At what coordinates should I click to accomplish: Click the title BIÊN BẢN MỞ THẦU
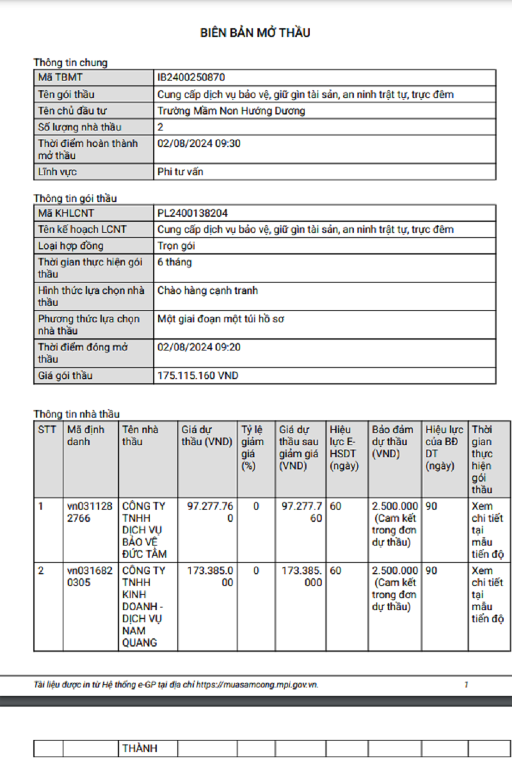point(255,33)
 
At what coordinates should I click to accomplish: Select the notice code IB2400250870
point(191,78)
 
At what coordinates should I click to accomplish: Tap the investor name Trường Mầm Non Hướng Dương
point(231,111)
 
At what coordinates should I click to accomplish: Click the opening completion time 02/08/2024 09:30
point(199,144)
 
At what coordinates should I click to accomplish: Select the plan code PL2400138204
point(193,214)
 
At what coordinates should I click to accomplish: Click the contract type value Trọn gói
point(176,246)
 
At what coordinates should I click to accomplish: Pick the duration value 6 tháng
point(175,262)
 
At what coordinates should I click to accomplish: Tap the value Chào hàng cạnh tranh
point(208,290)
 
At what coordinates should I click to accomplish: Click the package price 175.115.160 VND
point(198,376)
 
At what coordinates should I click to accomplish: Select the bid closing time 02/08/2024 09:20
point(199,347)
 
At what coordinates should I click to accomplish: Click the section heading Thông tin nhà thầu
point(77,414)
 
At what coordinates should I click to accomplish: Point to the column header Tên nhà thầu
point(140,436)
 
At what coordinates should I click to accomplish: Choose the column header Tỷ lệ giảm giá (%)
point(253,448)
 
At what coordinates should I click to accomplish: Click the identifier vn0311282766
point(90,512)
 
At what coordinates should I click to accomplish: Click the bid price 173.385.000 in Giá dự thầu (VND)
point(210,576)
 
